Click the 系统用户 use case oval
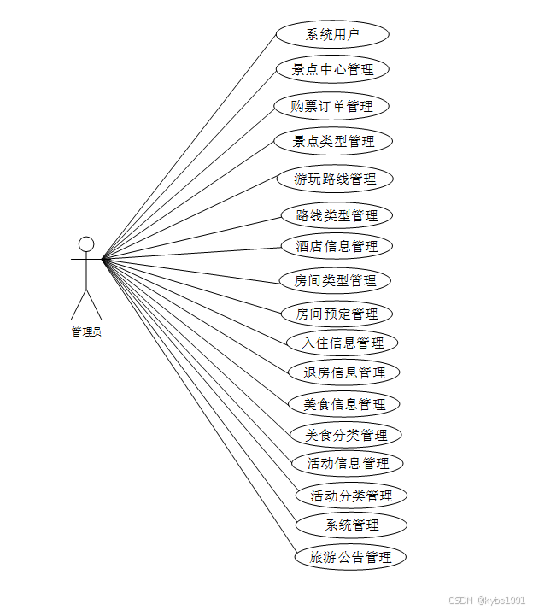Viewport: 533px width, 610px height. (332, 35)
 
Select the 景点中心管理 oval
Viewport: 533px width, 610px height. (332, 69)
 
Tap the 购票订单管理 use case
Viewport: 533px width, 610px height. (332, 106)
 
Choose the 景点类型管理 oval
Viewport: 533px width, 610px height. (333, 141)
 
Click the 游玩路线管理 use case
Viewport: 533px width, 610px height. (335, 179)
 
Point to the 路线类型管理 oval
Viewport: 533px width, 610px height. (337, 215)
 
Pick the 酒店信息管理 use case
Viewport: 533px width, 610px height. (337, 246)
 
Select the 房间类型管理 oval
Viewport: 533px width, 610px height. (335, 280)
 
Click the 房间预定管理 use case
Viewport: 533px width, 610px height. (337, 314)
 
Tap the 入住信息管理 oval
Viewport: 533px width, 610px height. (343, 343)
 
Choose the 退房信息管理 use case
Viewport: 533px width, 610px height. (344, 372)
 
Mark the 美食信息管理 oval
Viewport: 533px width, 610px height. (344, 403)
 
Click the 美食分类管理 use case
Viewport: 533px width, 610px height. (346, 435)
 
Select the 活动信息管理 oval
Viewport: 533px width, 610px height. (348, 463)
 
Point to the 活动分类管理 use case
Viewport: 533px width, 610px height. (351, 496)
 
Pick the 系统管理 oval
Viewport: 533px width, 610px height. (351, 525)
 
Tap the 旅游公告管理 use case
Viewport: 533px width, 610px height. (350, 558)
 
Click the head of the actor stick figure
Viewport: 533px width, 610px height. (85, 243)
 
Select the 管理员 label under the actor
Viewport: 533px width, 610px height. (85, 332)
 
